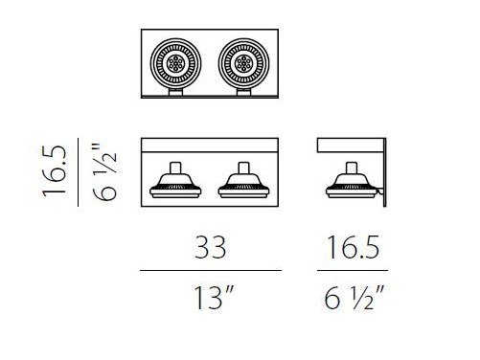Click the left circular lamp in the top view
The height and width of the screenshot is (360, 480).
coord(175,63)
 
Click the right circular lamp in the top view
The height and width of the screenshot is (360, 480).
coord(243,63)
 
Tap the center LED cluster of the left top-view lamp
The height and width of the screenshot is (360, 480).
coord(175,63)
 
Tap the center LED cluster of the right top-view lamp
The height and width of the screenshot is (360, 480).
coord(243,63)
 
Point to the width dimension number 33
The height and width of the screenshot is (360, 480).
coord(211,247)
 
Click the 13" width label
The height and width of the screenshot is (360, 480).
coord(214,298)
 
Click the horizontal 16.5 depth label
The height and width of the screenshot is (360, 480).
coord(353,247)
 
